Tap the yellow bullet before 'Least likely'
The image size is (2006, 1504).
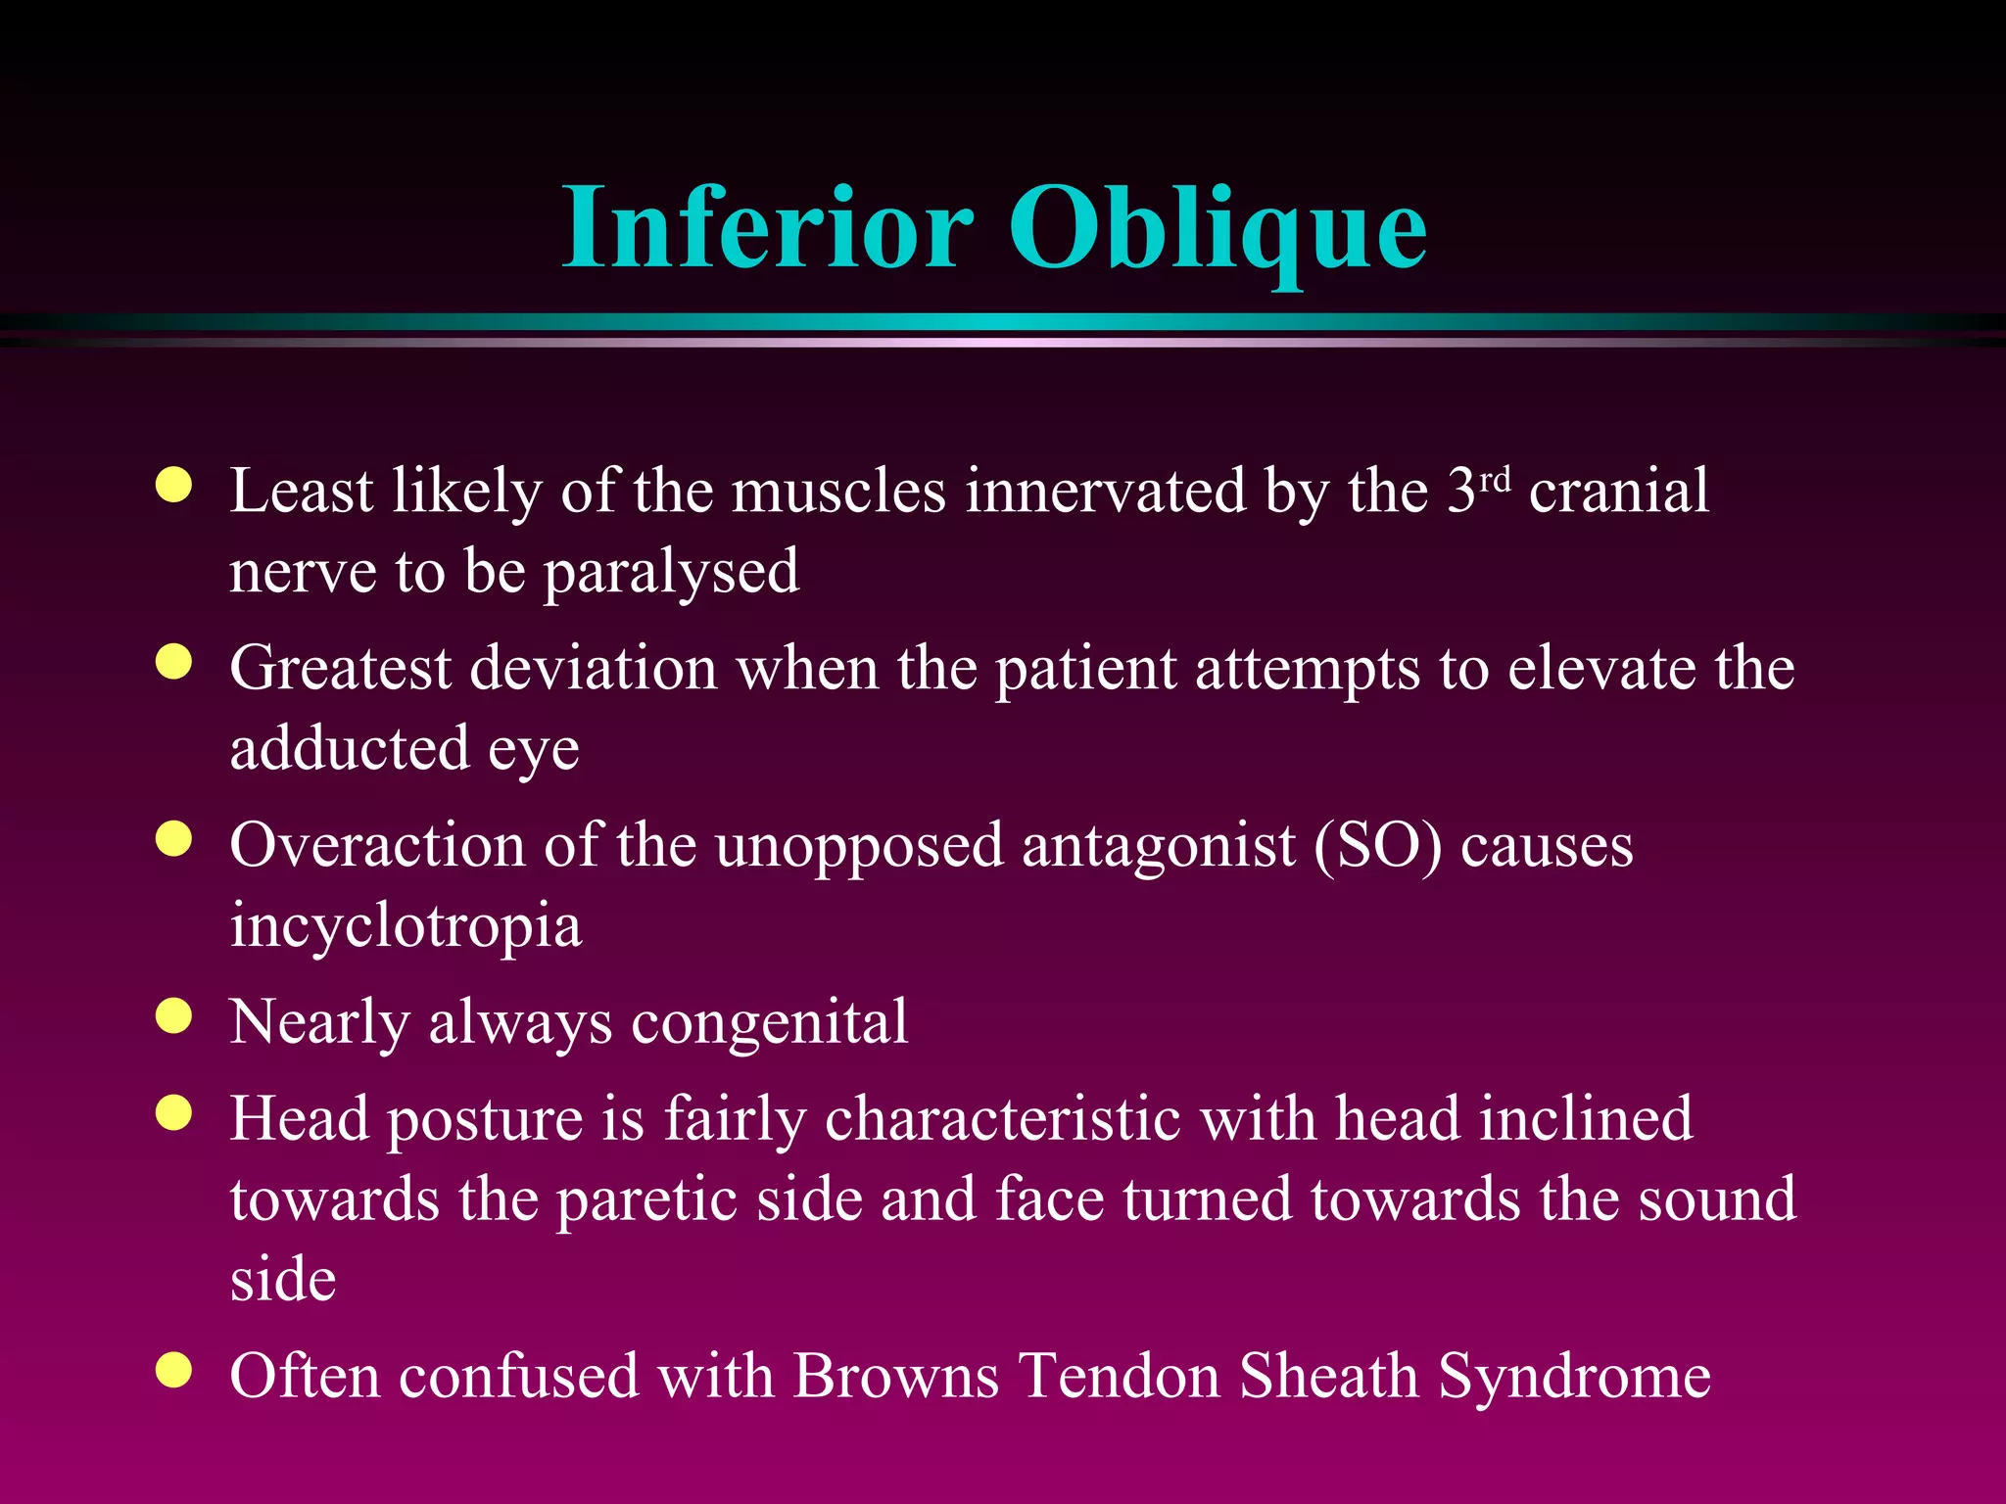173,485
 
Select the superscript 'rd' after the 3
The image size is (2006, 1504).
1495,480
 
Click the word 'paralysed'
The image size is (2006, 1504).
671,573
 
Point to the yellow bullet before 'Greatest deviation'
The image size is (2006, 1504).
173,662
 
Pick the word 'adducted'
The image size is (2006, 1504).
350,749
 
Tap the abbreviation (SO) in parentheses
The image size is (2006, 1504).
1378,845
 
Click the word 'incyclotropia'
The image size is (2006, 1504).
406,927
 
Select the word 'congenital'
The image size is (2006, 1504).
769,1023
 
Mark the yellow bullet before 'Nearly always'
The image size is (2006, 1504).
173,1016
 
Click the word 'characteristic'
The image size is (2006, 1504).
1003,1119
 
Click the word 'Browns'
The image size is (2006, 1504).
895,1376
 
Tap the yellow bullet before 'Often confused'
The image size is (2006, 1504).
173,1370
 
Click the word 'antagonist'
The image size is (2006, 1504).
1158,845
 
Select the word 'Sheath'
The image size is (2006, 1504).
1328,1376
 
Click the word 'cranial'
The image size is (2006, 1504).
1618,491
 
